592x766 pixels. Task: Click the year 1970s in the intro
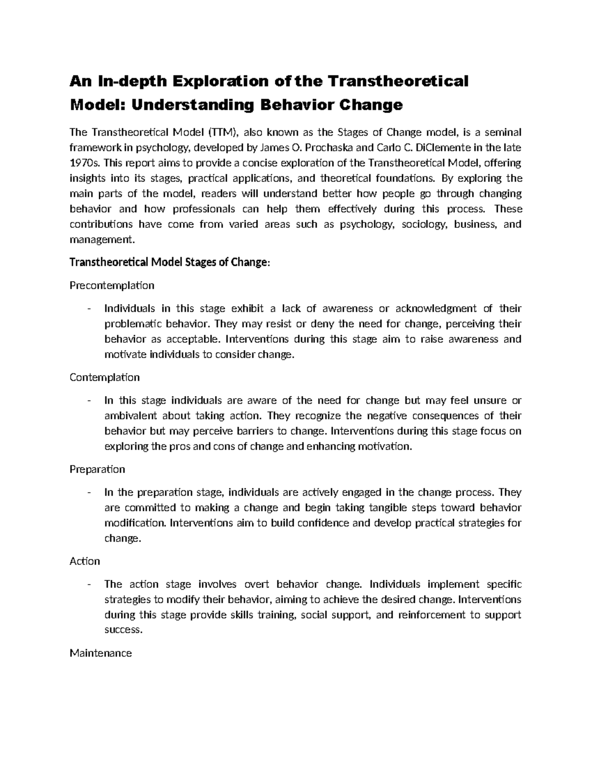point(80,163)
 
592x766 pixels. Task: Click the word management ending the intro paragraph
point(101,240)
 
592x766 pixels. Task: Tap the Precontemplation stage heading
point(112,285)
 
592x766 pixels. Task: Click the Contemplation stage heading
point(105,377)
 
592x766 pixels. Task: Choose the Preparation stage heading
point(97,469)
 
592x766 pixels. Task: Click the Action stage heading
point(85,561)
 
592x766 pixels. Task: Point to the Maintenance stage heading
point(101,653)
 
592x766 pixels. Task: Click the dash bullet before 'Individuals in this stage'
point(89,309)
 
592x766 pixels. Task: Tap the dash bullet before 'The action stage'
point(89,584)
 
